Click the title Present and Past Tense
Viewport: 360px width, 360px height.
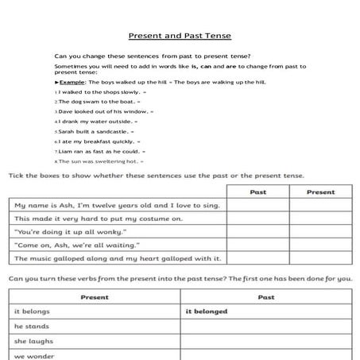point(180,36)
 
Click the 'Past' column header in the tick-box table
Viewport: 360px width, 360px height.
point(257,192)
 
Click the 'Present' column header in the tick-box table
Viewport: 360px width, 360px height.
point(320,192)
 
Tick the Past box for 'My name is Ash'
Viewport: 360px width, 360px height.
point(257,205)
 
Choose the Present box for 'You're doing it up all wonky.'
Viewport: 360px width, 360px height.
point(320,232)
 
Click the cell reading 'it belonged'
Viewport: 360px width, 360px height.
point(207,312)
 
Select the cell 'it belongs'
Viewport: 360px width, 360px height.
point(32,312)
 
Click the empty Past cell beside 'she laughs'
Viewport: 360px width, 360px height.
point(266,342)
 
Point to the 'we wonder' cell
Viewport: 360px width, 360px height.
point(33,356)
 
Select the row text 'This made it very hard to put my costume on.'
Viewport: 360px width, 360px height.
point(99,219)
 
